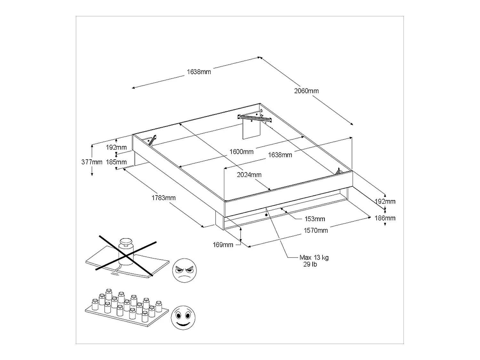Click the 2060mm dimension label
coord(306,91)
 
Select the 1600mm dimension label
coord(242,152)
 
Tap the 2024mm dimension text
coord(249,175)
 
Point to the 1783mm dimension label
coord(164,198)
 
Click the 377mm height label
coord(92,162)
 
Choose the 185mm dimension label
coord(116,162)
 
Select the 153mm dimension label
coord(315,219)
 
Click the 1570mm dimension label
coord(316,230)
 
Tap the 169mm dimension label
coord(223,245)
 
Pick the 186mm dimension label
coord(385,218)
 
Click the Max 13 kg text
coord(314,258)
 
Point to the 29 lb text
coord(310,265)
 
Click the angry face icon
coord(184,270)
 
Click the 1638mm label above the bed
coord(199,72)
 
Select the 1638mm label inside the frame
coord(280,155)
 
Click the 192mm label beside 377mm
coord(116,148)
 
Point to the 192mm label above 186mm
coord(385,201)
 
